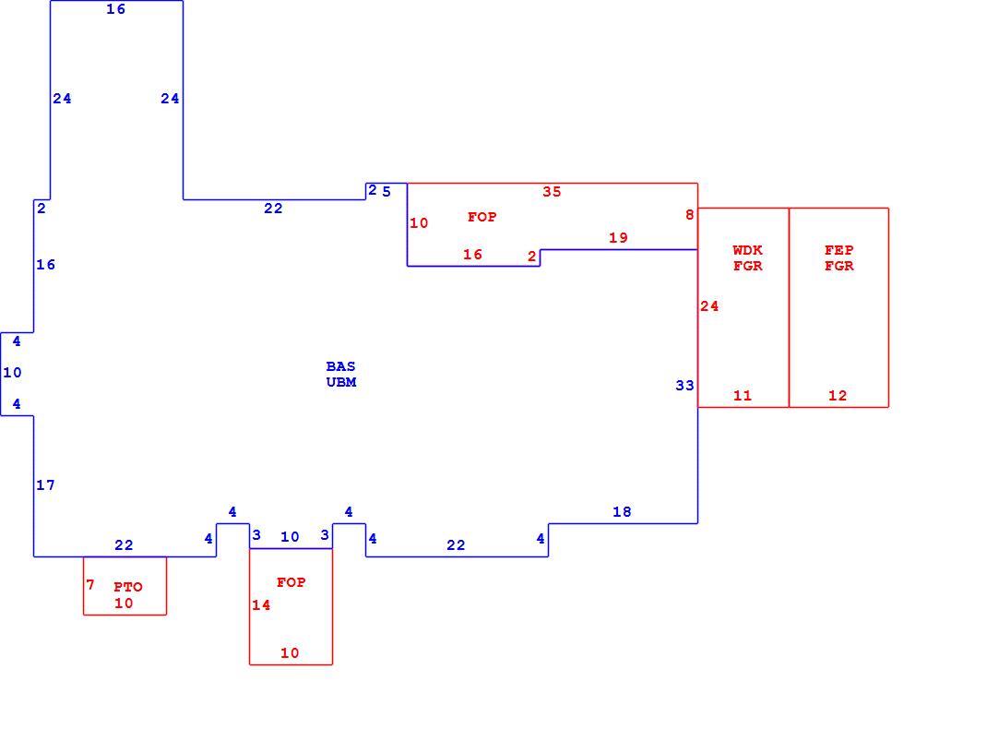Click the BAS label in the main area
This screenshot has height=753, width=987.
pos(340,366)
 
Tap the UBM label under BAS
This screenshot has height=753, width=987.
pos(341,382)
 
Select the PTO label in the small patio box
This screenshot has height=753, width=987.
pos(128,587)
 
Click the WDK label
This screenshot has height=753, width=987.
pos(747,250)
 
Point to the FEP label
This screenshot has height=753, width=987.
pos(839,250)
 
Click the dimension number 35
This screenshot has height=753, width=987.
pos(552,191)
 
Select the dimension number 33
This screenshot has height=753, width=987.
pos(684,386)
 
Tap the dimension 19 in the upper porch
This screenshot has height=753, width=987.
pos(618,238)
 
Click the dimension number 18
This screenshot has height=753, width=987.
pos(622,512)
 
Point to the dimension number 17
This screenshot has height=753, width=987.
pos(45,485)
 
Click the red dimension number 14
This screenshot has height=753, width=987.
pos(261,605)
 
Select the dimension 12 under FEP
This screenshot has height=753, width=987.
pos(838,395)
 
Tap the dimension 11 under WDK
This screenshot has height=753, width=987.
pos(743,395)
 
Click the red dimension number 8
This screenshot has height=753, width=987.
pos(690,215)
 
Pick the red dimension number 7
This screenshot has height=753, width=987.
pos(90,585)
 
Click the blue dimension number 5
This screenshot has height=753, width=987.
pos(386,191)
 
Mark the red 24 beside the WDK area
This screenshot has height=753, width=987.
pos(709,306)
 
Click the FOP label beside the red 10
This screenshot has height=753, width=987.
pos(482,217)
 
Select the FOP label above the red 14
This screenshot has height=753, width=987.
pos(291,582)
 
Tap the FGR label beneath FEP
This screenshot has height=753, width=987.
pos(839,266)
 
